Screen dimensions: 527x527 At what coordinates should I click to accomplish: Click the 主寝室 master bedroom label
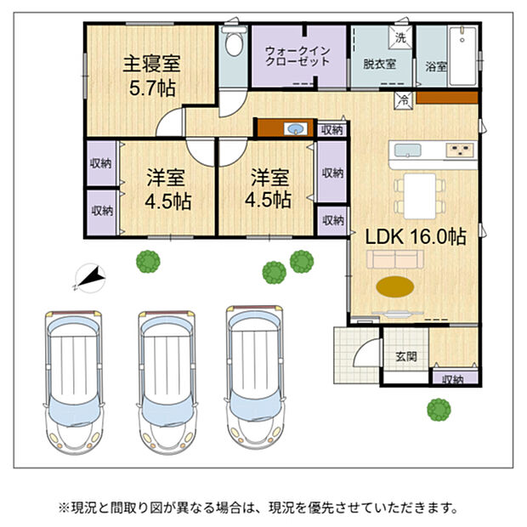pyautogui.click(x=151, y=64)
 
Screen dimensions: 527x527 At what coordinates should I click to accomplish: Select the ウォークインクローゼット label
pyautogui.click(x=297, y=56)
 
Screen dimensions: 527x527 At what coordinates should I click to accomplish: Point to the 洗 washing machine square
pyautogui.click(x=400, y=37)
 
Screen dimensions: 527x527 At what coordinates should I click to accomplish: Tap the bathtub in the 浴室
pyautogui.click(x=462, y=56)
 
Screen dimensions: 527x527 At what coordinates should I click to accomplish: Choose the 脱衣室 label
pyautogui.click(x=379, y=64)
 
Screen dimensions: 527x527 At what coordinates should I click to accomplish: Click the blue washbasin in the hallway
pyautogui.click(x=296, y=128)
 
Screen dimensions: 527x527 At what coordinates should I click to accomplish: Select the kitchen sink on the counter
pyautogui.click(x=408, y=150)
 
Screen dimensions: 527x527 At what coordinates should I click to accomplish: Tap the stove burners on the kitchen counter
pyautogui.click(x=460, y=150)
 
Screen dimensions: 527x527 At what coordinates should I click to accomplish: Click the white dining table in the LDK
pyautogui.click(x=420, y=196)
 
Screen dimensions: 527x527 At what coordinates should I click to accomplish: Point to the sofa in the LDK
pyautogui.click(x=395, y=259)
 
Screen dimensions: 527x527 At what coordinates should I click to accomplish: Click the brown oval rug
pyautogui.click(x=395, y=286)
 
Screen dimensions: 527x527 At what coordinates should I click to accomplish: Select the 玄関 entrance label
pyautogui.click(x=406, y=356)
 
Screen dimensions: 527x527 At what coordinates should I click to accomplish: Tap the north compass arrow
pyautogui.click(x=90, y=278)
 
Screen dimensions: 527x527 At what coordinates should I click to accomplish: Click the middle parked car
pyautogui.click(x=167, y=382)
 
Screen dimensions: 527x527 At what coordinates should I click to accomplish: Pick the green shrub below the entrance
pyautogui.click(x=439, y=410)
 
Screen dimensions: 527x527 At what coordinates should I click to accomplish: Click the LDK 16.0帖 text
pyautogui.click(x=416, y=237)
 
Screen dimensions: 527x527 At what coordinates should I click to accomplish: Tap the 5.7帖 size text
pyautogui.click(x=152, y=88)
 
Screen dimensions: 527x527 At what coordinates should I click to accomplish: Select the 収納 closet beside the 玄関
pyautogui.click(x=455, y=377)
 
